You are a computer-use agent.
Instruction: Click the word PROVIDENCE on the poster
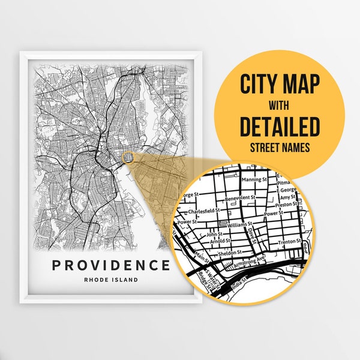111,265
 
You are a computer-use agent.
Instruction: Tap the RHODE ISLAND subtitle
111,280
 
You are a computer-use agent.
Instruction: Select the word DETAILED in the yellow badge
280,126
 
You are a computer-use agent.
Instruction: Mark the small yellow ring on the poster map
128,157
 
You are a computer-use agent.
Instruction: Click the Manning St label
253,179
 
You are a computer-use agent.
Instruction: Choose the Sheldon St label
230,253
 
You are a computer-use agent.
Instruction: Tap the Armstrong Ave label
250,262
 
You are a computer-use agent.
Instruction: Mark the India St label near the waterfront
239,281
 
